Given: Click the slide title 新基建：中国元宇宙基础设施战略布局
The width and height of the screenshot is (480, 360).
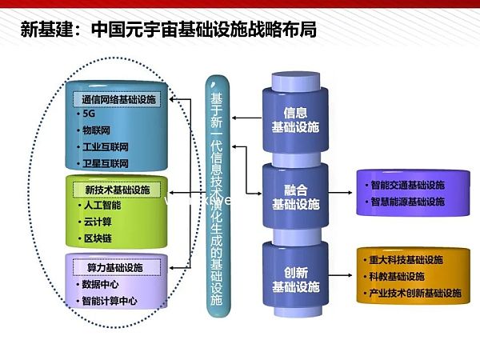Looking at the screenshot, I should [167, 30].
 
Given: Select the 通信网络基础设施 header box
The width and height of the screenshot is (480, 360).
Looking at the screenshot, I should [118, 100].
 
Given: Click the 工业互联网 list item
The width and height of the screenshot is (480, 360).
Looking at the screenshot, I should [105, 147].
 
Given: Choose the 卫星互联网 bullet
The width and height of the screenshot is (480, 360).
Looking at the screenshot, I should [105, 163].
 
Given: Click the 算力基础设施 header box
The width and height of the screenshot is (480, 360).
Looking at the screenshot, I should [113, 266].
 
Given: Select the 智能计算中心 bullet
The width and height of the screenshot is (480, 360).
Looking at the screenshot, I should [109, 301].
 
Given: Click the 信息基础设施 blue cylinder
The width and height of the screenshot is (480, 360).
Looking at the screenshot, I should [294, 118].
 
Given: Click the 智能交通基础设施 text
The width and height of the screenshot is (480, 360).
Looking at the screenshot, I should [407, 186].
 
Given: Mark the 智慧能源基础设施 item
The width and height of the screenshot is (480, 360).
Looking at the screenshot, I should [407, 202].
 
